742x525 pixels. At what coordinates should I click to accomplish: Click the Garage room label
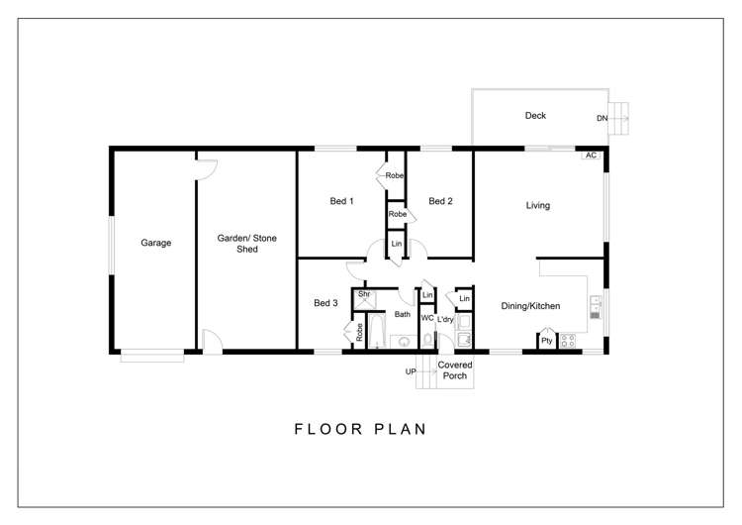155,243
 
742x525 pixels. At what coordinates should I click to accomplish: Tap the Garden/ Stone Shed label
247,244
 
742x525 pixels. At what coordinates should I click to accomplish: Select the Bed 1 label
341,201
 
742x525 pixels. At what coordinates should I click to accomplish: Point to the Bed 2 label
440,201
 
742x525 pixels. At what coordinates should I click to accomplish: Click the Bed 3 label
325,303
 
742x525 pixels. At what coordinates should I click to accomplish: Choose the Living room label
538,205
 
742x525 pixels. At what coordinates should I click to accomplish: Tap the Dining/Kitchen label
530,306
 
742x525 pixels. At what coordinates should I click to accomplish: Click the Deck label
535,116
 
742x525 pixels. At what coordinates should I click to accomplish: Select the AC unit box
591,155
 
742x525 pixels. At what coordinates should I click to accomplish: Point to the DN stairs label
602,118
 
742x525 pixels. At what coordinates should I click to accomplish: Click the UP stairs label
411,371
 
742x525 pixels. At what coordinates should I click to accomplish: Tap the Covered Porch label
455,370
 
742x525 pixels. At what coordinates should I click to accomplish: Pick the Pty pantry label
546,341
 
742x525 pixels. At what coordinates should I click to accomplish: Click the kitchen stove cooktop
568,341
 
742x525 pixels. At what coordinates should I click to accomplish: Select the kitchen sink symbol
596,307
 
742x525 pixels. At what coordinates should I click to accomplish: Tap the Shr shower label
364,294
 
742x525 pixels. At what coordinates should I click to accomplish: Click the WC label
427,318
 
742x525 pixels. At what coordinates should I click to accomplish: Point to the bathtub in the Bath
377,330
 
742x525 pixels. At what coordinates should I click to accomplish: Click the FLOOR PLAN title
360,429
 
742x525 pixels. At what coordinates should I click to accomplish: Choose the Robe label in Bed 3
359,332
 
